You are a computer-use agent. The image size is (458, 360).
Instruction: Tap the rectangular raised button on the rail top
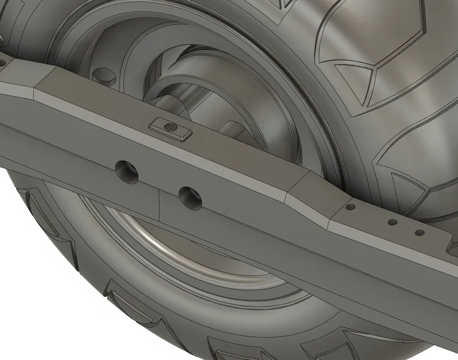[169, 127]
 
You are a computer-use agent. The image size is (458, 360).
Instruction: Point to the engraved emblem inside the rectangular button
[169, 127]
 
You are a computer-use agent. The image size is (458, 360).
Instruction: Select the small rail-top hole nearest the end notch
[420, 233]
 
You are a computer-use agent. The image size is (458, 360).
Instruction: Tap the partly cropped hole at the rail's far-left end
[2, 59]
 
